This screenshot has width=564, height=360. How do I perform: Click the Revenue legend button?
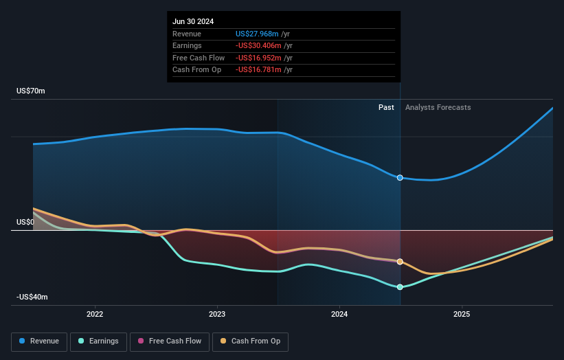[x=39, y=341]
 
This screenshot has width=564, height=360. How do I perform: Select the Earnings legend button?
[x=98, y=341]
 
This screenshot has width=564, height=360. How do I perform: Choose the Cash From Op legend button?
[x=250, y=341]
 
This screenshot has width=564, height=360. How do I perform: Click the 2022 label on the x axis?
[x=95, y=314]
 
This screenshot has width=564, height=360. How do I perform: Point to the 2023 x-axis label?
[x=217, y=314]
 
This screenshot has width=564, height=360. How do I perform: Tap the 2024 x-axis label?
[x=339, y=314]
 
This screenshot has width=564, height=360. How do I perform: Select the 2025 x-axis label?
[x=462, y=314]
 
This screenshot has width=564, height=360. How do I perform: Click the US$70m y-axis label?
[x=31, y=91]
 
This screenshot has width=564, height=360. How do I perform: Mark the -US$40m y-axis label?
[x=32, y=297]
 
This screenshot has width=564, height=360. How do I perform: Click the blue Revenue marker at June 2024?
[x=400, y=178]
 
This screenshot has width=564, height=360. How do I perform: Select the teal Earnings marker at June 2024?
[x=400, y=287]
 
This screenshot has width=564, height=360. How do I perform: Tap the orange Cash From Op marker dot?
[x=400, y=262]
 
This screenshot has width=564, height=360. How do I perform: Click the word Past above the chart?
[x=386, y=107]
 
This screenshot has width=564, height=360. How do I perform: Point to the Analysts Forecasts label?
[x=438, y=107]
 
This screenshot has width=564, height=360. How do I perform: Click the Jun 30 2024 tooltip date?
[x=193, y=21]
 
